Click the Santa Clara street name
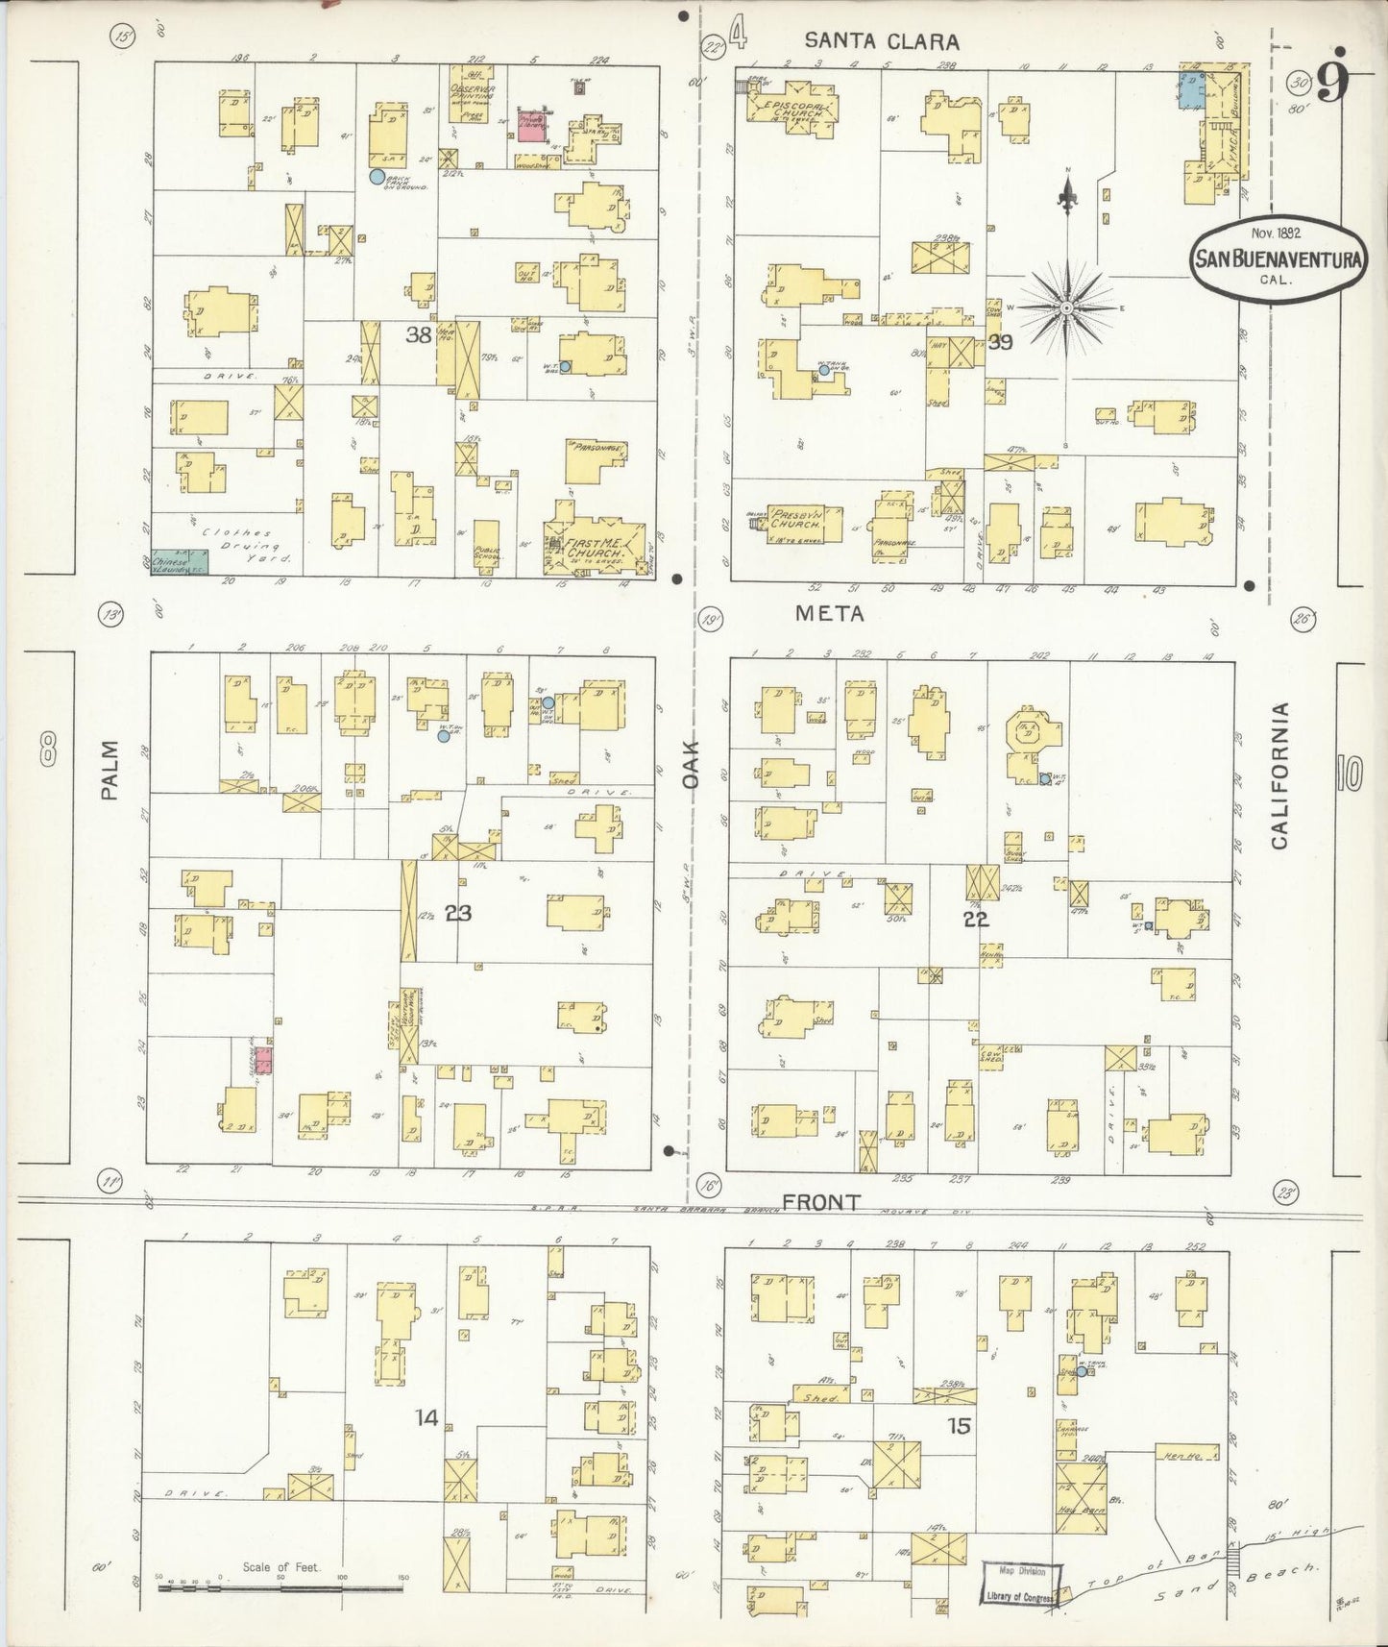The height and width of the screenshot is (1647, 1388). click(881, 40)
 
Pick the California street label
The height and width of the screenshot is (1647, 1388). click(1278, 775)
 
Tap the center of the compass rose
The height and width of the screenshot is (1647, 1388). click(1066, 307)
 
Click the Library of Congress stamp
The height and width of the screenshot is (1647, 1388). click(1020, 1583)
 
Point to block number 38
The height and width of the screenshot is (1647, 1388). click(418, 334)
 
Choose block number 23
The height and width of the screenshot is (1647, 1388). click(458, 912)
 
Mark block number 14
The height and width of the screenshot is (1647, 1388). click(426, 1416)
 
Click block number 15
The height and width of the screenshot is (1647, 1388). click(959, 1426)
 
